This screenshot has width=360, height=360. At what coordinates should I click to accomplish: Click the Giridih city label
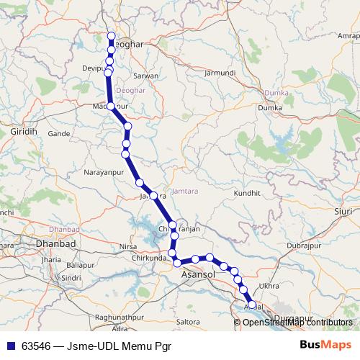pos(27,133)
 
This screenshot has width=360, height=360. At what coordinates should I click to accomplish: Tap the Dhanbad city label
pos(55,244)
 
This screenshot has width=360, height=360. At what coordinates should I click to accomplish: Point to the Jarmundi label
pos(220,73)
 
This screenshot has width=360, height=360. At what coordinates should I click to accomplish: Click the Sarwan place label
pos(146,75)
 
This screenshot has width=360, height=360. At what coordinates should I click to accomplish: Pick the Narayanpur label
pos(106,173)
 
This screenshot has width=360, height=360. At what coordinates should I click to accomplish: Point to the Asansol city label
pos(198,274)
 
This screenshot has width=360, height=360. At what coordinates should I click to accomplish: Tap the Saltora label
pos(187,320)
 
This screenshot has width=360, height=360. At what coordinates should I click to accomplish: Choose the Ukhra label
pos(268,286)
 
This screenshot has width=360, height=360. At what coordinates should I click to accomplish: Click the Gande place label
pos(58,134)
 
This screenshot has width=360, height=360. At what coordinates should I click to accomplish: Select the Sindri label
pos(70,276)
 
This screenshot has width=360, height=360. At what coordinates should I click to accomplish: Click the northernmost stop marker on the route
pos(112,36)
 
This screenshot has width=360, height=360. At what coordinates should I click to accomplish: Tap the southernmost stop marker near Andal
pos(251,305)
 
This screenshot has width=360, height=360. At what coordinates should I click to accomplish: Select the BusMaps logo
pos(324,345)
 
